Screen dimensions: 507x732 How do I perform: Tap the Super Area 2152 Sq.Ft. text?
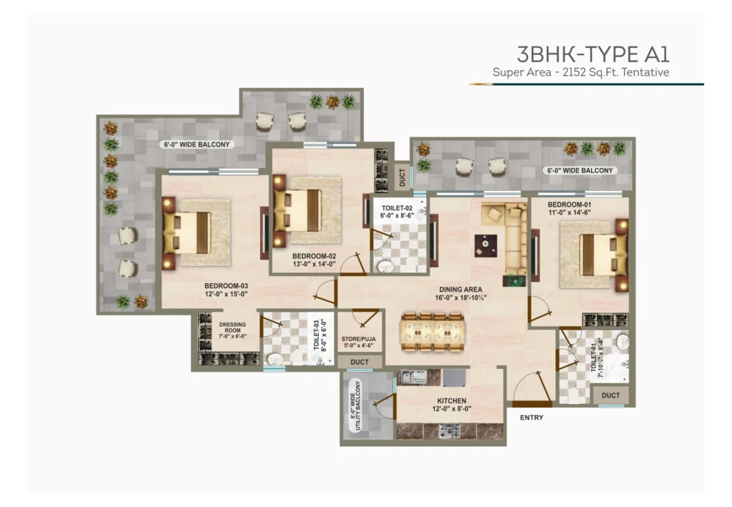tap(580, 72)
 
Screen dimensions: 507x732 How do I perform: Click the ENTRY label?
tap(531, 418)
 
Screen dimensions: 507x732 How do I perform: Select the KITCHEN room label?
tap(452, 400)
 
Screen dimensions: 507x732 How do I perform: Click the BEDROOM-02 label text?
tap(314, 255)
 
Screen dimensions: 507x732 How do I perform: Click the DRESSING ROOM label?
tap(232, 330)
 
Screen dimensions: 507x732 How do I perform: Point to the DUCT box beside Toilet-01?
tap(610, 395)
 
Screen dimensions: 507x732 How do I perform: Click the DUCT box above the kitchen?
tap(360, 362)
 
